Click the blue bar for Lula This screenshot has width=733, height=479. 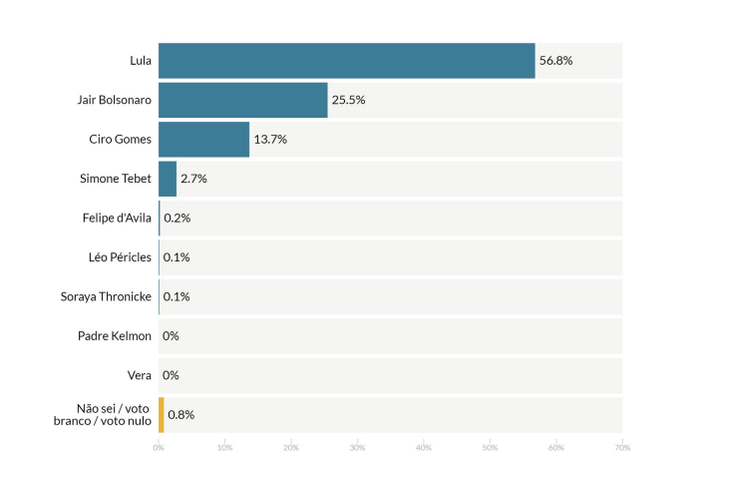click(346, 61)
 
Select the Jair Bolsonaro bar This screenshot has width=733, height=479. click(242, 100)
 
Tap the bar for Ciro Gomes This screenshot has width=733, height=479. click(203, 140)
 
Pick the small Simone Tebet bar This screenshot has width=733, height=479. click(167, 179)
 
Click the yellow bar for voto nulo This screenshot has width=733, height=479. click(161, 414)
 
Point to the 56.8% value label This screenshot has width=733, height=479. click(555, 61)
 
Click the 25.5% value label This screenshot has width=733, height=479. click(348, 100)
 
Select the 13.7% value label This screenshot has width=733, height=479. click(270, 140)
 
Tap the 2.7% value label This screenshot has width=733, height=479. click(193, 179)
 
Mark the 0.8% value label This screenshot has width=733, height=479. click(181, 414)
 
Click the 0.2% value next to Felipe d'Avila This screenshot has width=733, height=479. click(177, 218)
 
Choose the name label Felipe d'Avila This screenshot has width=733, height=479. click(117, 218)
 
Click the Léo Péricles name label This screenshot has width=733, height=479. click(120, 257)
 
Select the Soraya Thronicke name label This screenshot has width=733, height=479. click(107, 296)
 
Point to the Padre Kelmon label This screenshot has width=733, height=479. click(115, 335)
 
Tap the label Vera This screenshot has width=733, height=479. click(140, 375)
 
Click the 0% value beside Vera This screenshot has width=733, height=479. click(171, 375)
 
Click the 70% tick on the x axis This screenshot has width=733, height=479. click(621, 447)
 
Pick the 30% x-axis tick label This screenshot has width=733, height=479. click(357, 447)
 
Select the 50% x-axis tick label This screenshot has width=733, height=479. click(490, 447)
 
